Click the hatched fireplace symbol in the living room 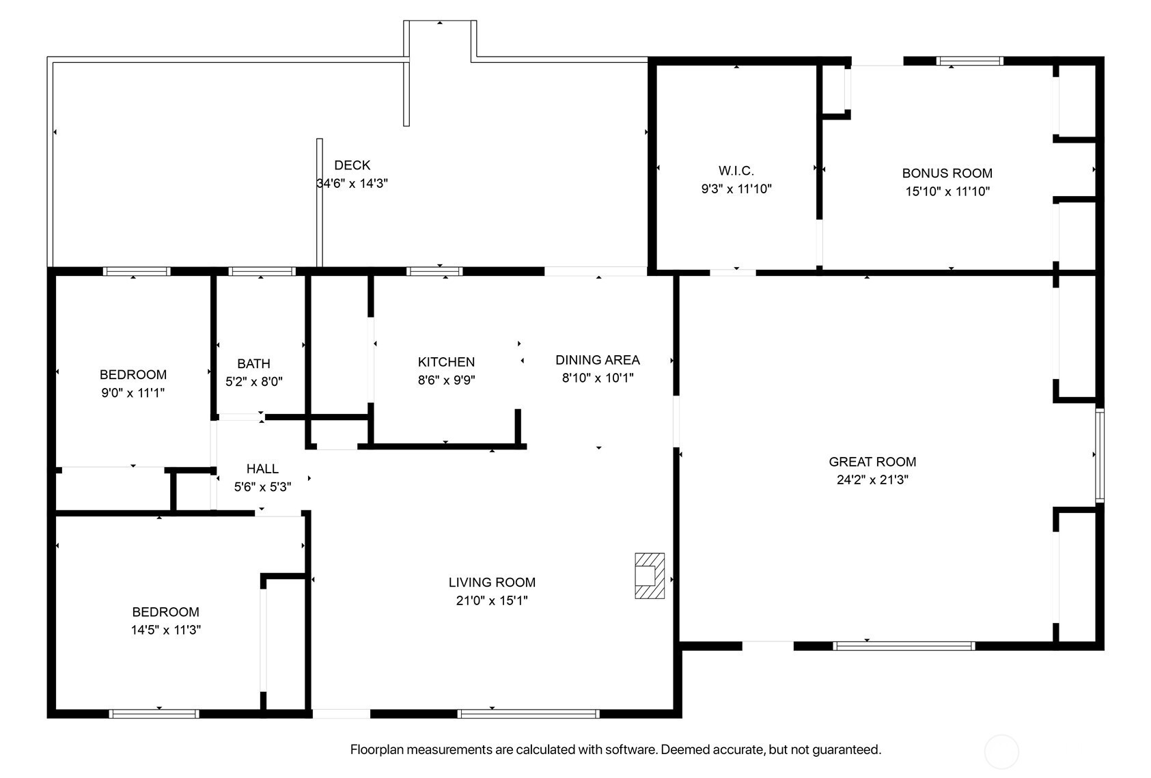click(x=650, y=576)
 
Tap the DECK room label click(x=352, y=165)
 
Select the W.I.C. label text click(x=736, y=171)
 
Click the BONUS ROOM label click(x=947, y=173)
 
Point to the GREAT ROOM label click(x=872, y=462)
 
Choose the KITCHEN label click(x=446, y=362)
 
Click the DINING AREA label click(x=598, y=360)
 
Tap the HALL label click(x=262, y=469)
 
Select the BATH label click(x=254, y=364)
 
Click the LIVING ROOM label click(x=492, y=582)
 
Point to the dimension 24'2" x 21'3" click(x=872, y=480)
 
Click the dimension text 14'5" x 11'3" click(x=165, y=630)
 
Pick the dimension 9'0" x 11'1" click(x=133, y=393)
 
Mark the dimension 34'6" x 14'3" click(x=352, y=184)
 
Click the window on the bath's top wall click(x=262, y=271)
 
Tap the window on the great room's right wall click(x=1100, y=455)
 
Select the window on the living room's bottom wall click(x=528, y=714)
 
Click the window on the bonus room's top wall click(x=969, y=61)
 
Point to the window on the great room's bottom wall click(x=904, y=646)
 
